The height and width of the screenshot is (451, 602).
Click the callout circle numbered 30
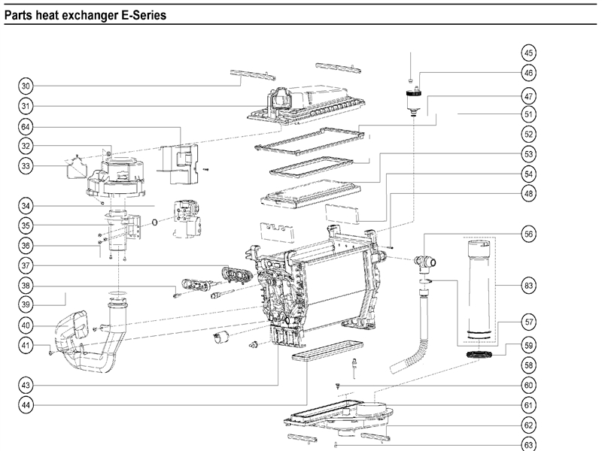26,86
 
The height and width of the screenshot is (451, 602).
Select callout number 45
529,53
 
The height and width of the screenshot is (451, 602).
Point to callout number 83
529,286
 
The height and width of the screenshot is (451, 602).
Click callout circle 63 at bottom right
529,445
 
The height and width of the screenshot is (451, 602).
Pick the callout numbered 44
26,404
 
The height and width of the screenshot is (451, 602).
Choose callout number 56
529,234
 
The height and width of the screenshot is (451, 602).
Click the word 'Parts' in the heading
20,14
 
